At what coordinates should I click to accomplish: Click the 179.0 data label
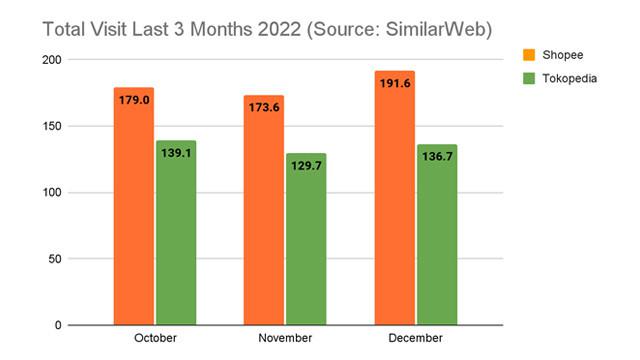(x=133, y=100)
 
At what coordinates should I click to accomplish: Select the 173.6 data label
(x=264, y=107)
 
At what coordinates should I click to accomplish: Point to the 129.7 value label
(x=306, y=166)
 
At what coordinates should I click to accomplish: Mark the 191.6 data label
(x=394, y=83)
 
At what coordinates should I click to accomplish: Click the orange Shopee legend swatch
(x=528, y=52)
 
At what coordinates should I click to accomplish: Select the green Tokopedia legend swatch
(x=528, y=78)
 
